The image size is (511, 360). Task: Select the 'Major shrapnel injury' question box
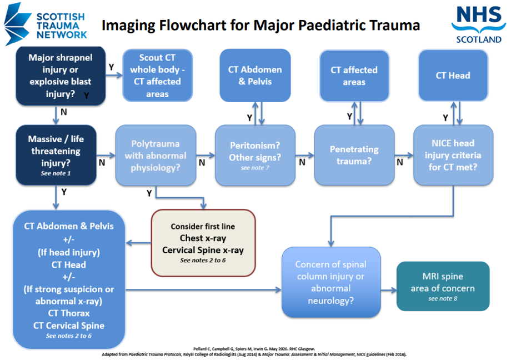coord(60,76)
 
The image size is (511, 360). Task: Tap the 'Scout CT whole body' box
coord(158,76)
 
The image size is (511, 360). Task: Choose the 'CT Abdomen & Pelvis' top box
coord(255,76)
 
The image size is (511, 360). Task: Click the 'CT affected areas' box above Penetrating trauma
coord(354,76)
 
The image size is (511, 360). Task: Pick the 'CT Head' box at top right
coord(453,76)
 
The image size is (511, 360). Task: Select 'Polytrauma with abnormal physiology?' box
coord(156,155)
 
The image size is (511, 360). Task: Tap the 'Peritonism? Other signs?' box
coord(255,155)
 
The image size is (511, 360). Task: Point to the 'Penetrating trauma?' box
coord(354,155)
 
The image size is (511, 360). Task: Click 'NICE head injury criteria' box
coord(453,155)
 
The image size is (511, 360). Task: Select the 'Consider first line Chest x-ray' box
coord(203,243)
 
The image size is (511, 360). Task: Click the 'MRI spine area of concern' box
coord(443,286)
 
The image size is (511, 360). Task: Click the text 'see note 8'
coord(443,299)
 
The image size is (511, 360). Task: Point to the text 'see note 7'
coord(255,167)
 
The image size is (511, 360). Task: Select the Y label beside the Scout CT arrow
coord(112,67)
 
